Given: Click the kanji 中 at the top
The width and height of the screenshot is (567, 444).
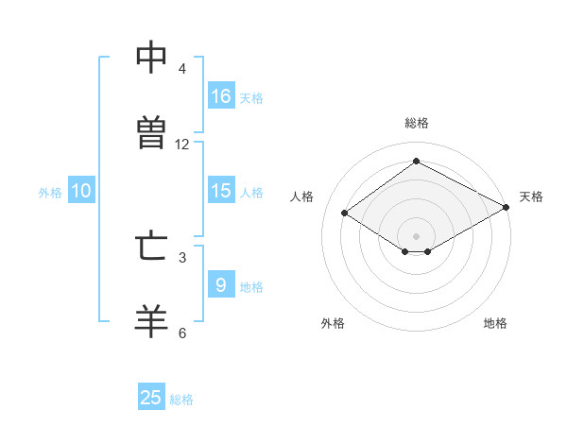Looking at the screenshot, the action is click(151, 57).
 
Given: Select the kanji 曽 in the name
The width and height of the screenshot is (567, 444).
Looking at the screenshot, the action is click(151, 132).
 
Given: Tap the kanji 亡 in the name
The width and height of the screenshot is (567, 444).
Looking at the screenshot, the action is click(151, 247).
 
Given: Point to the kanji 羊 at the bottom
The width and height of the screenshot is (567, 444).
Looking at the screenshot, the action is click(151, 321).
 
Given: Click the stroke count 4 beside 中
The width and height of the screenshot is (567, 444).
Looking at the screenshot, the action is click(181, 68).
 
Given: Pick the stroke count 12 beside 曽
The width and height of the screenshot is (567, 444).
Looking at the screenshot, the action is click(181, 145).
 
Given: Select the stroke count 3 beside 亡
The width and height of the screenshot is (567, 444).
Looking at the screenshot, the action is click(182, 258).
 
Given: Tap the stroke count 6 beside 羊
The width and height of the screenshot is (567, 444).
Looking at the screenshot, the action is click(182, 333).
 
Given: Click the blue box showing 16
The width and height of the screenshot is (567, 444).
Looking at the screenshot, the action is click(221, 95).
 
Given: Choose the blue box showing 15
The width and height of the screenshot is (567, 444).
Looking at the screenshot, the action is click(221, 190).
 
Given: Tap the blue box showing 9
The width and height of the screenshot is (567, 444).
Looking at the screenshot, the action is click(221, 283).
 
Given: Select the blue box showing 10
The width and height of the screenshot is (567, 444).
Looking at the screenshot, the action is click(81, 190).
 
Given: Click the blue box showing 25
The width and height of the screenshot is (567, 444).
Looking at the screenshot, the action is click(151, 396).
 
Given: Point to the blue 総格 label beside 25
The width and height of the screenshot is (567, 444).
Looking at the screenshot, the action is click(181, 400).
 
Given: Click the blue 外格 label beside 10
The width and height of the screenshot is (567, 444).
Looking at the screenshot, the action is click(50, 193).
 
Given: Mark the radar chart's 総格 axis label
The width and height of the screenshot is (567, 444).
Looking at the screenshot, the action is click(417, 123).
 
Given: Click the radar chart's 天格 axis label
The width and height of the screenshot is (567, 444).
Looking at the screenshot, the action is click(531, 196).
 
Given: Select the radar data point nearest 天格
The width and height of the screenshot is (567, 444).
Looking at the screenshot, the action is click(507, 207).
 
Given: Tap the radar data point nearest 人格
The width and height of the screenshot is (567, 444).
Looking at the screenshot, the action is click(345, 213).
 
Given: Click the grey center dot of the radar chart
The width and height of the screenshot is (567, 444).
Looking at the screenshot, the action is click(416, 236).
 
